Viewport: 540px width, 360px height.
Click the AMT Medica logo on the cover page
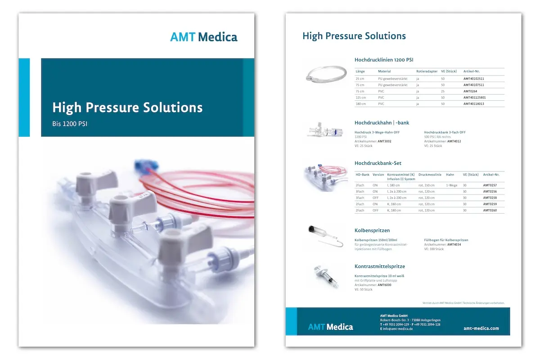pos(203,37)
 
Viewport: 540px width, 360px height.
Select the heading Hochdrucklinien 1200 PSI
pos(384,59)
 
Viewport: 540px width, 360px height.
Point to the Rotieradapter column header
pos(427,71)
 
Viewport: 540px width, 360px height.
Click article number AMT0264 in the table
pos(471,91)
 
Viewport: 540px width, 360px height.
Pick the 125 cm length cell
pos(361,97)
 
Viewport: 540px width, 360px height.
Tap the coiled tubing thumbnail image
pos(327,73)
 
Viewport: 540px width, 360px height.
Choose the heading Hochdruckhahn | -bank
pos(382,122)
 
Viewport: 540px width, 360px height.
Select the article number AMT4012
pos(454,141)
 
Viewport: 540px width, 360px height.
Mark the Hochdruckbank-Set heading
pos(378,163)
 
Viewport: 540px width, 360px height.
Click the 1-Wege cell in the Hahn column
pos(451,185)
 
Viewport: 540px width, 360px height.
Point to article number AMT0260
pos(490,211)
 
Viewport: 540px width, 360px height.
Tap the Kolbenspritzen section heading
pos(372,230)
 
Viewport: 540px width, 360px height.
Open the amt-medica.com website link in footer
pos(481,328)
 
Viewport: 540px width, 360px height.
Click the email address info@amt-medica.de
pos(398,329)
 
